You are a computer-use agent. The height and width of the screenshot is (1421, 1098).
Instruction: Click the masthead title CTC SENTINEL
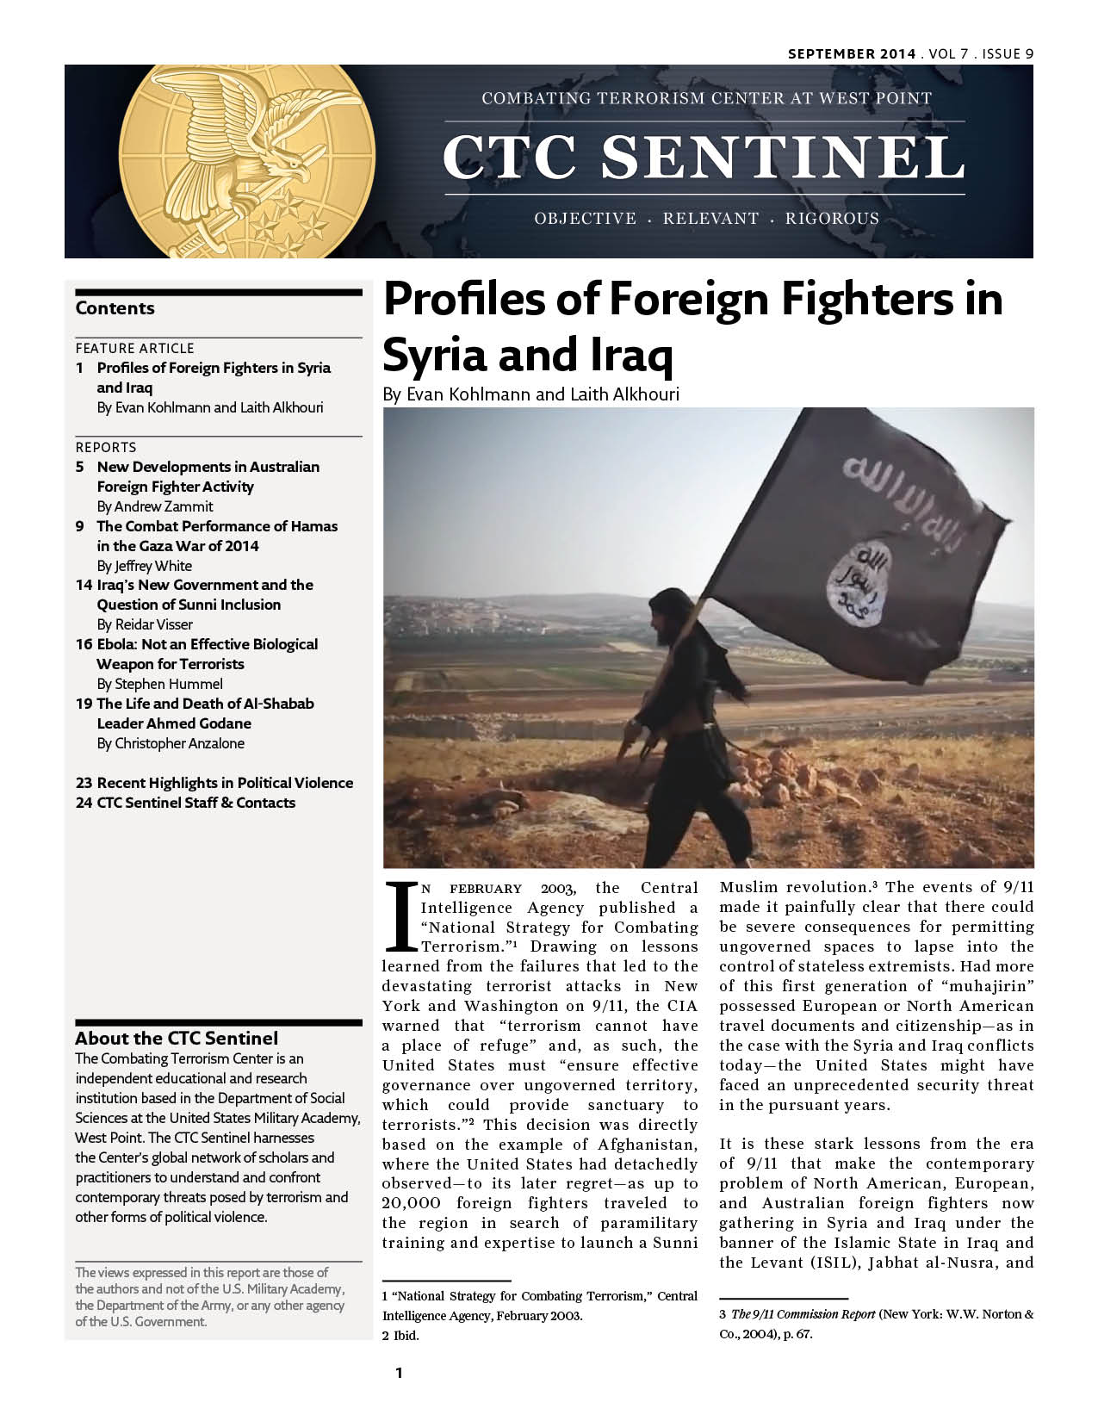704,158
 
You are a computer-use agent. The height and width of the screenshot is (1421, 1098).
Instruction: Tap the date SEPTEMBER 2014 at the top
852,53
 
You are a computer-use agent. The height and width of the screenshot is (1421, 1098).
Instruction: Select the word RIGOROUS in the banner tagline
832,219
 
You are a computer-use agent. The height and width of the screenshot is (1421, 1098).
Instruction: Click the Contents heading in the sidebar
115,308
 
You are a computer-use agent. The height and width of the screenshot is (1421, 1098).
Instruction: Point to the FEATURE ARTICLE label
134,348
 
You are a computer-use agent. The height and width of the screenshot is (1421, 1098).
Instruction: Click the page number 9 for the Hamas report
79,526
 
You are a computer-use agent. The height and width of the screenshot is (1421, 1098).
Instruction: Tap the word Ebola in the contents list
117,644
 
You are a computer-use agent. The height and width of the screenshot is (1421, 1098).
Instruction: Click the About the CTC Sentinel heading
177,1038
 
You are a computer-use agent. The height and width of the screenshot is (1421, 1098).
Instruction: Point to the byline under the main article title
530,394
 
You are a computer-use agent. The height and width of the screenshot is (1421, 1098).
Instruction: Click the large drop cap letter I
399,915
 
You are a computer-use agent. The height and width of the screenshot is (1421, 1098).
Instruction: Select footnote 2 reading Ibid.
400,1336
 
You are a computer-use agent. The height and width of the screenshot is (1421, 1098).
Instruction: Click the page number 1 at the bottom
399,1373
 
